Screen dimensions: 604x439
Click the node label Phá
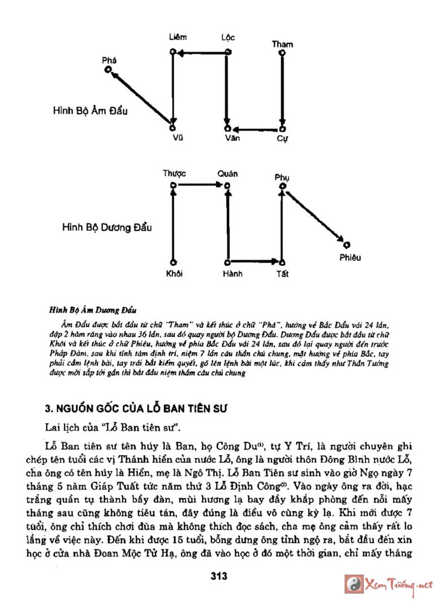[109, 60]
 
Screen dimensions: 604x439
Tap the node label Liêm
[178, 37]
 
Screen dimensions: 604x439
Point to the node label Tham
[282, 44]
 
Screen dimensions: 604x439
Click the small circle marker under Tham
[282, 54]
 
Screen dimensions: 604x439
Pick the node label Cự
[282, 138]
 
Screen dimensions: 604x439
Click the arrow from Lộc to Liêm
[200, 54]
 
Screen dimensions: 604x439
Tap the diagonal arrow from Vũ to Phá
[140, 95]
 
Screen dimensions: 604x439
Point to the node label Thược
[174, 174]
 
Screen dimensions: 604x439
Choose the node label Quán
[227, 174]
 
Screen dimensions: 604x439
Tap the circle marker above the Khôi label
[173, 262]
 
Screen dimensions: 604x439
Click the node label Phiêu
[350, 258]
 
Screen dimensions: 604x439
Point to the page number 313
[218, 576]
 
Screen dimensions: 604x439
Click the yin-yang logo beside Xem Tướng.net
[355, 584]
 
